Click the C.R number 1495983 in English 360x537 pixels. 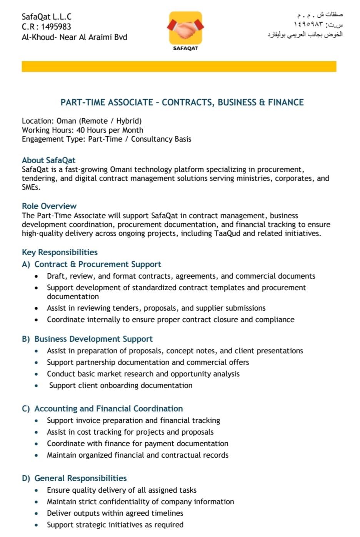tap(56, 27)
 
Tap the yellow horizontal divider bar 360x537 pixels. tap(179, 66)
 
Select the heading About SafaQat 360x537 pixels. tap(48, 160)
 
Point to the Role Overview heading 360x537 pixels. tap(49, 206)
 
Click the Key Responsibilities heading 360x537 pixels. tap(60, 252)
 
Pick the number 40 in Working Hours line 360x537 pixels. tap(81, 130)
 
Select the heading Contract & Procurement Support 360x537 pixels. tap(98, 264)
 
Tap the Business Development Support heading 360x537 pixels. tap(93, 339)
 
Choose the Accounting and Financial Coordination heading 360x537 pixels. tap(108, 408)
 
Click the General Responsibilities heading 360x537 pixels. tap(80, 478)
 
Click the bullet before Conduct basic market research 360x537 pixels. tap(36, 374)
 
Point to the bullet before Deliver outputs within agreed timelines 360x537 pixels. tap(36, 514)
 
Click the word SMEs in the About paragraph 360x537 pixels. tap(30, 187)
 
